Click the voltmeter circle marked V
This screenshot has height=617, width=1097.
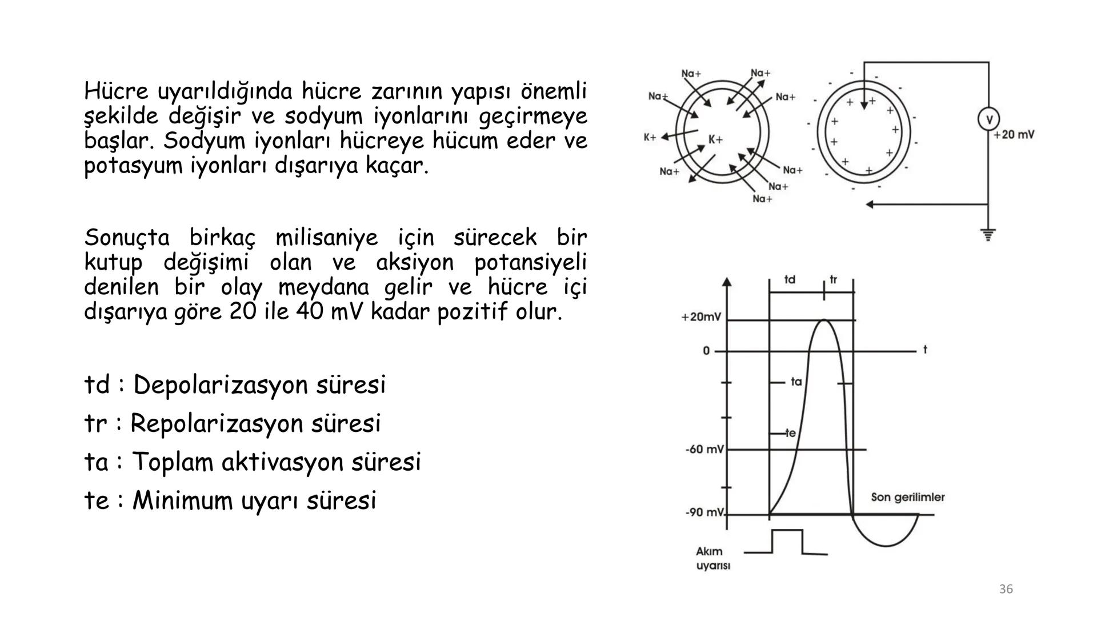coord(989,119)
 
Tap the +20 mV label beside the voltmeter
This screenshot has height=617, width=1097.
coord(1014,135)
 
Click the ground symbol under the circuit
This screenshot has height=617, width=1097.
coord(988,235)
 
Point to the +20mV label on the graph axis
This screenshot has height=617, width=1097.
coord(701,317)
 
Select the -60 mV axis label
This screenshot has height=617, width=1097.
coord(704,450)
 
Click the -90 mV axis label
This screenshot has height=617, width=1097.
coord(704,512)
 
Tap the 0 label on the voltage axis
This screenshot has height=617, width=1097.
coord(706,351)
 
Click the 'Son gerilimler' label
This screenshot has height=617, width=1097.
coord(907,497)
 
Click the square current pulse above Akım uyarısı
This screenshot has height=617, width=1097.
coord(787,540)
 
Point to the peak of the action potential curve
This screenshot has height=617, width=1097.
coord(824,320)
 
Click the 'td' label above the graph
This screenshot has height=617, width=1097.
coord(790,280)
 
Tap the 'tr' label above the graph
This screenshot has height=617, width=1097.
coord(834,280)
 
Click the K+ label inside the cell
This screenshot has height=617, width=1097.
coord(715,140)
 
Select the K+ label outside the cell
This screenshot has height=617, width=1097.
coord(650,137)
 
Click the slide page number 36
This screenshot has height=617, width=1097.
coord(1006,589)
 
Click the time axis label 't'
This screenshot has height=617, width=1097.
coord(925,349)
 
